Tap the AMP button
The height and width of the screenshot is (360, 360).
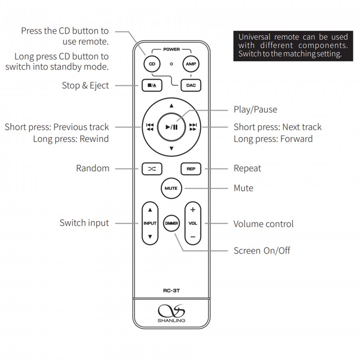tap(190, 64)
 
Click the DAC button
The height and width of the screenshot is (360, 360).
tap(190, 85)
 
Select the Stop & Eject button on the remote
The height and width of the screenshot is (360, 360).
tap(151, 85)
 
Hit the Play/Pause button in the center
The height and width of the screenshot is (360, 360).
tap(171, 127)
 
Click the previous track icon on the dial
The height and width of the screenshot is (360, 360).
tap(150, 127)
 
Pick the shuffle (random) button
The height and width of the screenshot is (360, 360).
tap(152, 169)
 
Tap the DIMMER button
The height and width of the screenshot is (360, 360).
tap(171, 223)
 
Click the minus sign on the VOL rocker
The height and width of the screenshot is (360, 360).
tap(193, 237)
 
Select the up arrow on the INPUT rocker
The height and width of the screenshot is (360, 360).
tap(150, 210)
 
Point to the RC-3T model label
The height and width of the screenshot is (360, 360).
tap(171, 291)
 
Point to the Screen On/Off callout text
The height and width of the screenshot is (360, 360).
tap(262, 251)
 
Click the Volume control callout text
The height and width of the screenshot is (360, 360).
tap(263, 224)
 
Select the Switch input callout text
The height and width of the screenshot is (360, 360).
tap(84, 223)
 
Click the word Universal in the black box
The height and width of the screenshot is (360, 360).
tap(254, 37)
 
